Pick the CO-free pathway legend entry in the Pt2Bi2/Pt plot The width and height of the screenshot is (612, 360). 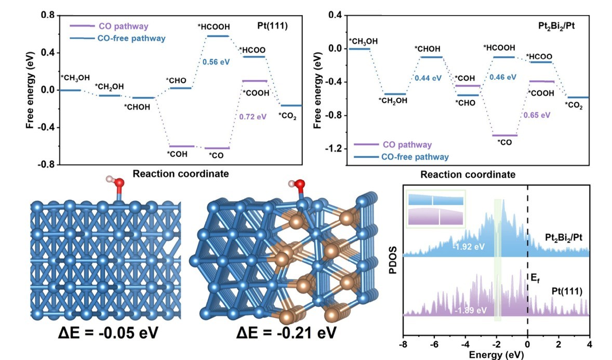coord(401,156)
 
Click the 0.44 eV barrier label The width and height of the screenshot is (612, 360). coord(428,78)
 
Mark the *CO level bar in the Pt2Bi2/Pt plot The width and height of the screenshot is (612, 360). coord(504,135)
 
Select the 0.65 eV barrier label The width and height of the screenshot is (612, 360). coord(537,115)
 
